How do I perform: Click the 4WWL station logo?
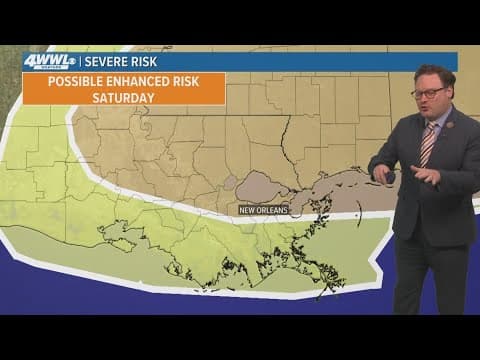tap(46, 62)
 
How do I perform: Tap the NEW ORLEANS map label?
tap(263, 209)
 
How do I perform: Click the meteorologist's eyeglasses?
tap(429, 92)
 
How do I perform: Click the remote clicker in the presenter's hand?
tap(389, 177)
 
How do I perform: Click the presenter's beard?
tap(431, 108)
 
